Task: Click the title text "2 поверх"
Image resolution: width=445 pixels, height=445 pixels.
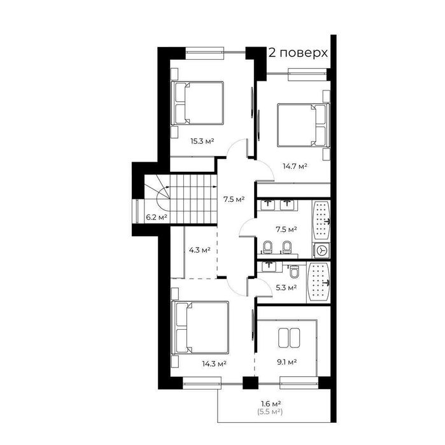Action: point(298,52)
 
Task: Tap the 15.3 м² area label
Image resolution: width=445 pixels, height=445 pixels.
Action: point(202,141)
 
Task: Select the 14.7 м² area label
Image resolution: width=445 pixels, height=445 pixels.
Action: point(295,166)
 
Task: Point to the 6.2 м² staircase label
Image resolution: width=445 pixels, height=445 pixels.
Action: point(157,217)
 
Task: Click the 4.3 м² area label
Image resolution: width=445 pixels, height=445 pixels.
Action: point(199,250)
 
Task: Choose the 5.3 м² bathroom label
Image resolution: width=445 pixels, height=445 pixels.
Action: point(286,288)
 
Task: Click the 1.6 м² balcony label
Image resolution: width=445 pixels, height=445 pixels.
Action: point(272,403)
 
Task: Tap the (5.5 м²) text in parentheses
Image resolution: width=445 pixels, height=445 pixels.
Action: point(272,413)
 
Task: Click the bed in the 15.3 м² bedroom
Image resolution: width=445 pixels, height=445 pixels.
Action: point(199,103)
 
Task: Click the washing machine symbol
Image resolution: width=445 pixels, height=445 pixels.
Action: point(323,251)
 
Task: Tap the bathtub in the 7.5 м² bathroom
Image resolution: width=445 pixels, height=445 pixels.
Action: point(322,221)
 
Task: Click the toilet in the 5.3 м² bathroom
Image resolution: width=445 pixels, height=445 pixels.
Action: point(293,272)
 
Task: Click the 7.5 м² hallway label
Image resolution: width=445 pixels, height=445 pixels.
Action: point(234,199)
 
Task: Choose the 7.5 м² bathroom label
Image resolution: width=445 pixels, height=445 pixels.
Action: point(286,228)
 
